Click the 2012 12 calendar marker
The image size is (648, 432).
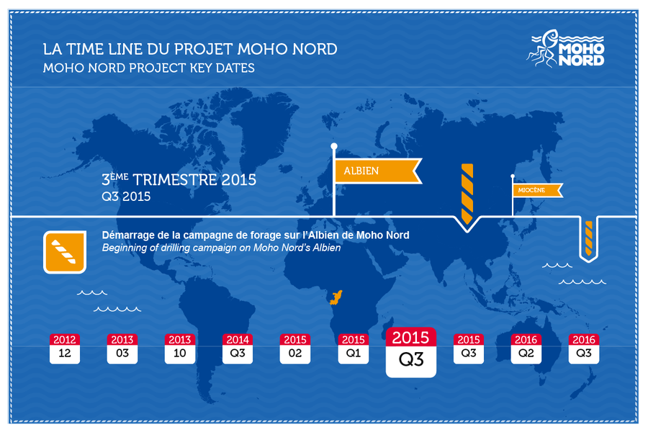coord(65,348)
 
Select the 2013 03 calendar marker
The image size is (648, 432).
coord(122,348)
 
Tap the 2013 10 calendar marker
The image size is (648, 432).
coord(180,348)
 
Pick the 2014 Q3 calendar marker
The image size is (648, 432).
coord(238,348)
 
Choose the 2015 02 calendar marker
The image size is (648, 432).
coord(295,348)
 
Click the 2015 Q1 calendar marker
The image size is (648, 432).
coord(354,348)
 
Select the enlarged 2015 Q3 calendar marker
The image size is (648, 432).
coord(411,352)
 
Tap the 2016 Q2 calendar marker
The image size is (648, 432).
coord(526,348)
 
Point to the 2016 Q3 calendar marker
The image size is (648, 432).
coord(583,348)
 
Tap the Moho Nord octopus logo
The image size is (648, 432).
coord(565,48)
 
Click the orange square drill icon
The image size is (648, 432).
coord(65,252)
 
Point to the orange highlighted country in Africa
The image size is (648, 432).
coord(336,297)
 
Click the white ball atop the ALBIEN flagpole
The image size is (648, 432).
coord(334,146)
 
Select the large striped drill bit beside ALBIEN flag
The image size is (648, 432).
coord(467,194)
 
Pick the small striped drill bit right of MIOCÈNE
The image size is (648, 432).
coord(588,238)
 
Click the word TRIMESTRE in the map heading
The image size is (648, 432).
coord(175,180)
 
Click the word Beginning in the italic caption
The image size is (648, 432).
coord(122,248)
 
